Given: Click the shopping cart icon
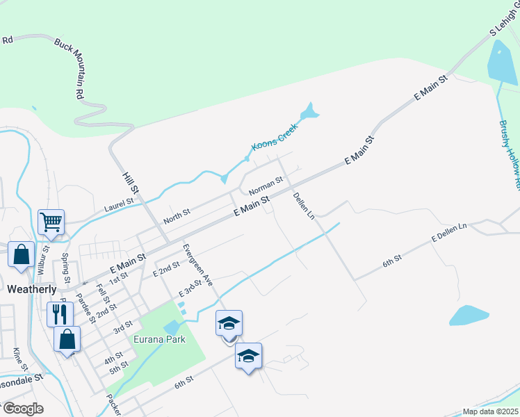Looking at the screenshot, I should click(x=51, y=222).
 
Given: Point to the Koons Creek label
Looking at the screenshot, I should click(x=274, y=136).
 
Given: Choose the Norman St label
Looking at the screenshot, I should click(x=266, y=186).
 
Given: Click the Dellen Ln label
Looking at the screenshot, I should click(x=304, y=206).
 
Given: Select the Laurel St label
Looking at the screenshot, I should click(x=118, y=204).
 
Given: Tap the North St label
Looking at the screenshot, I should click(x=177, y=216).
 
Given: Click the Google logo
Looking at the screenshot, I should click(x=23, y=409).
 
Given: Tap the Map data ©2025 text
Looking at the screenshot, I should click(x=490, y=411).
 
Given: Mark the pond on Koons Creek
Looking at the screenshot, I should click(x=308, y=111).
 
